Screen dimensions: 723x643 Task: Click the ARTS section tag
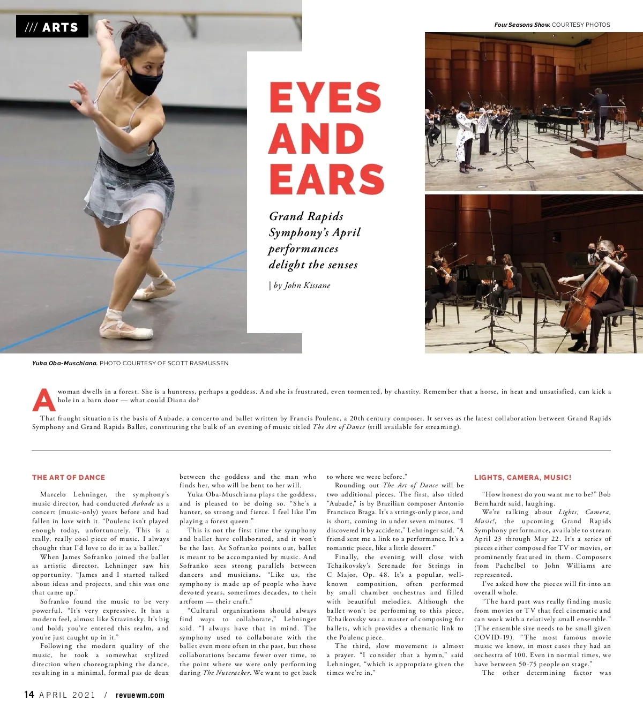52,27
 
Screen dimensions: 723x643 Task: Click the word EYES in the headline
325,97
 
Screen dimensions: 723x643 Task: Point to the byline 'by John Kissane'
301,285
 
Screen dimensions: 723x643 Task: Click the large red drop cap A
43,399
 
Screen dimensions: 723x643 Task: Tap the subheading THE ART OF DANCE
69,477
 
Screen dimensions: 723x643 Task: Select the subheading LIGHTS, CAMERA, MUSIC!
522,477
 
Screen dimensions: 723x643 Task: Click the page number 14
29,695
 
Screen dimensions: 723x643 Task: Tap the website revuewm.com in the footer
140,695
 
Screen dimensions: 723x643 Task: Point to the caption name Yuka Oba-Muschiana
64,363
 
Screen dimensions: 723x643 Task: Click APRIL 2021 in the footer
68,695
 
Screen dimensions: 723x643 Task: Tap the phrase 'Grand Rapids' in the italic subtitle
306,216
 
